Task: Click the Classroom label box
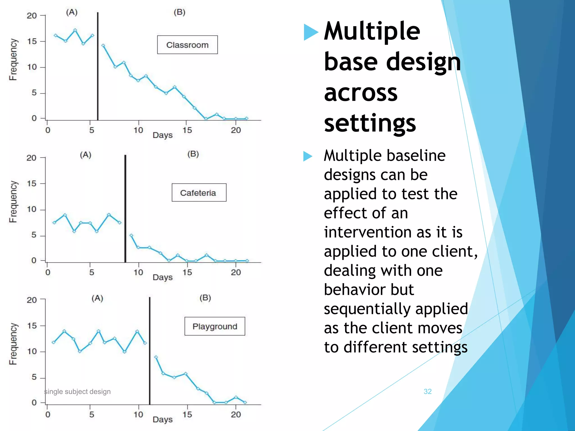pyautogui.click(x=187, y=45)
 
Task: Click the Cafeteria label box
pyautogui.click(x=199, y=192)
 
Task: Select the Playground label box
pyautogui.click(x=215, y=326)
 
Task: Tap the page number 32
pyautogui.click(x=427, y=391)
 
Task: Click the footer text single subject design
pyautogui.click(x=77, y=391)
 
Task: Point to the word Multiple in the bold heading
pyautogui.click(x=372, y=31)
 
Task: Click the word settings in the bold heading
pyautogui.click(x=370, y=123)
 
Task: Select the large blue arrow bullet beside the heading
pyautogui.click(x=311, y=32)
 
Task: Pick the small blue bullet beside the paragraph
pyautogui.click(x=307, y=156)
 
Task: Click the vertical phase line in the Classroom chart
pyautogui.click(x=98, y=66)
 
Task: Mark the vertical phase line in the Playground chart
pyautogui.click(x=150, y=350)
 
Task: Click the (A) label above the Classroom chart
pyautogui.click(x=72, y=12)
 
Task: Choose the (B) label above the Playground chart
pyautogui.click(x=205, y=297)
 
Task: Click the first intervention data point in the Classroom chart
pyautogui.click(x=103, y=45)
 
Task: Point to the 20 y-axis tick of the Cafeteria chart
pyautogui.click(x=31, y=158)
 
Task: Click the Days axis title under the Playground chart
pyautogui.click(x=162, y=419)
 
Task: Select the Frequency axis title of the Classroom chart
pyautogui.click(x=13, y=59)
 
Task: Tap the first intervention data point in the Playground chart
pyautogui.click(x=156, y=357)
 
